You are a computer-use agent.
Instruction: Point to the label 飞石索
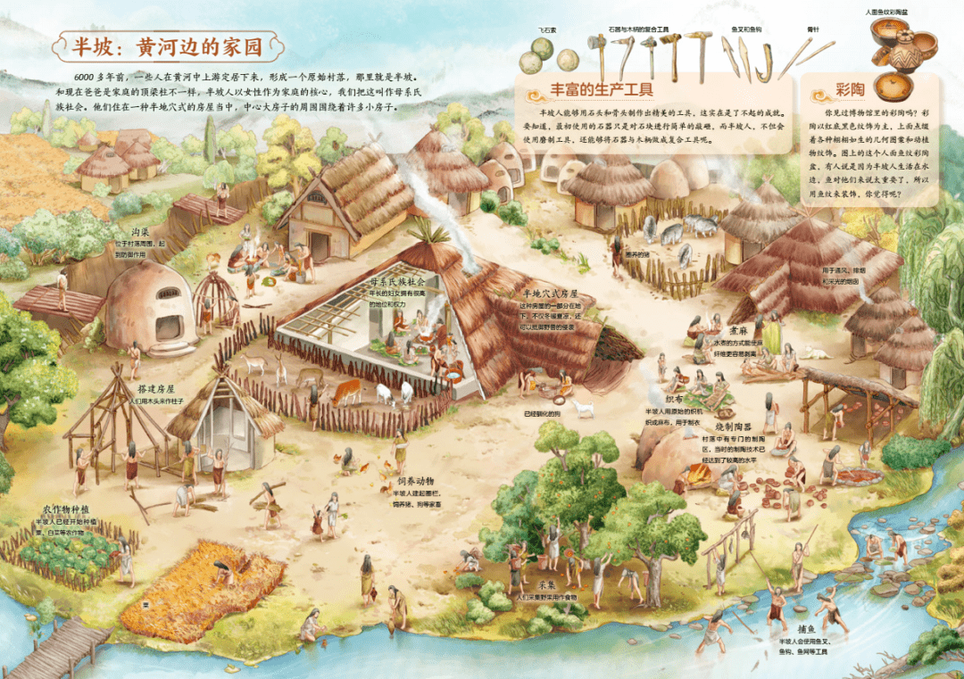(547, 29)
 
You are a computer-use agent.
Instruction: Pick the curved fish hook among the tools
(764, 60)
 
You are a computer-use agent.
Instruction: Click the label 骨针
(812, 29)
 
